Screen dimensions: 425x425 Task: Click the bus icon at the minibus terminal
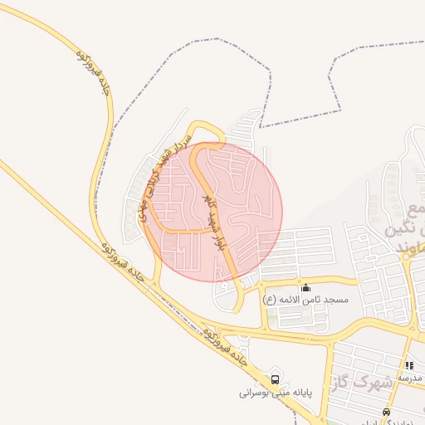(275, 376)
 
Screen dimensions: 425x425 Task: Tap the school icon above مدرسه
(409, 365)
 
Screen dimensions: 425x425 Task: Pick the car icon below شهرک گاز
(386, 411)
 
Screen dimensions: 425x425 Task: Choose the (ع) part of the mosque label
(270, 298)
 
